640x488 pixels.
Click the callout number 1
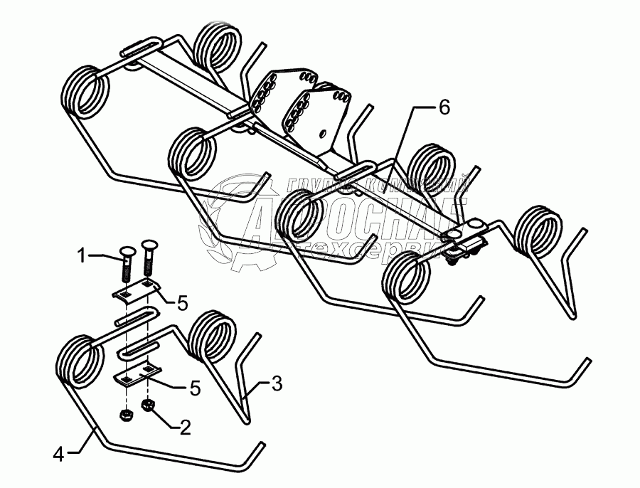[x=82, y=254]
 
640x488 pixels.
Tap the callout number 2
[x=184, y=428]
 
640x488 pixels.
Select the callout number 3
[x=277, y=385]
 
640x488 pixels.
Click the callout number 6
[x=444, y=107]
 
